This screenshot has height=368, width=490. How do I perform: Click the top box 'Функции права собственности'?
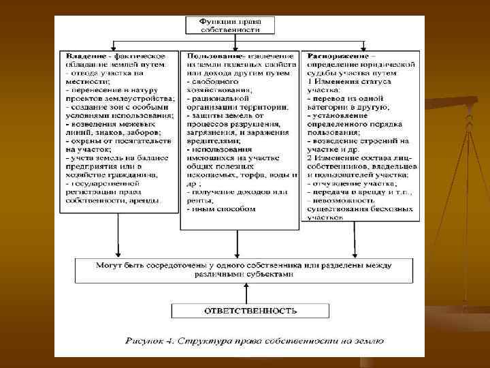(230, 26)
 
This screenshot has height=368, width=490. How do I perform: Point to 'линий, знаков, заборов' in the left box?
(113, 132)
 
